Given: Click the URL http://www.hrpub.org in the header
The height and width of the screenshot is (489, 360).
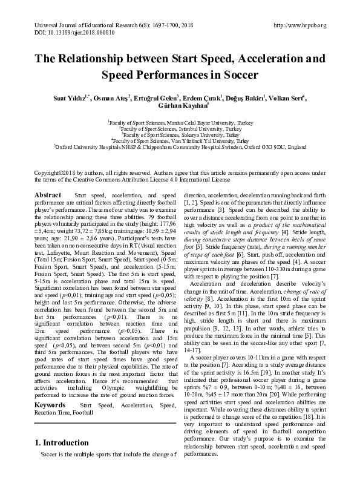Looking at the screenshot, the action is (300, 25).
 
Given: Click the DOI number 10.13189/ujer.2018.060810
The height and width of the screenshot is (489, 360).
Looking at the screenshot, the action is (67, 33).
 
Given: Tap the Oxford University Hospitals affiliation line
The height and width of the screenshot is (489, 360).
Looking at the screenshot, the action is (180, 145).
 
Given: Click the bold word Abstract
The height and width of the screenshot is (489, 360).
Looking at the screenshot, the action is (48, 195).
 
